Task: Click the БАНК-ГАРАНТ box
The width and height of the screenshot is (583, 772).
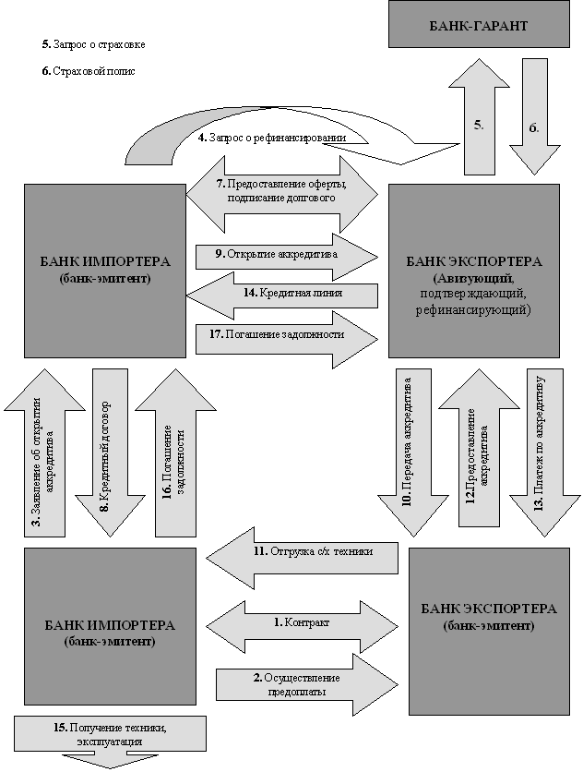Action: coord(478,24)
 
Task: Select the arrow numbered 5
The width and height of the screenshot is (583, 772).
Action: coord(478,119)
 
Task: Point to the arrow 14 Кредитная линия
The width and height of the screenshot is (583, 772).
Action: coord(281,294)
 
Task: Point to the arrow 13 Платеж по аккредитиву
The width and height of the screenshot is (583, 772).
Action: coord(540,452)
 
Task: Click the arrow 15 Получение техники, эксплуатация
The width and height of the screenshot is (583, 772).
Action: coord(109,737)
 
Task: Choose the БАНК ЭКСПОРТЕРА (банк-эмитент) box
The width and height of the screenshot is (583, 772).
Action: coord(488,617)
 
